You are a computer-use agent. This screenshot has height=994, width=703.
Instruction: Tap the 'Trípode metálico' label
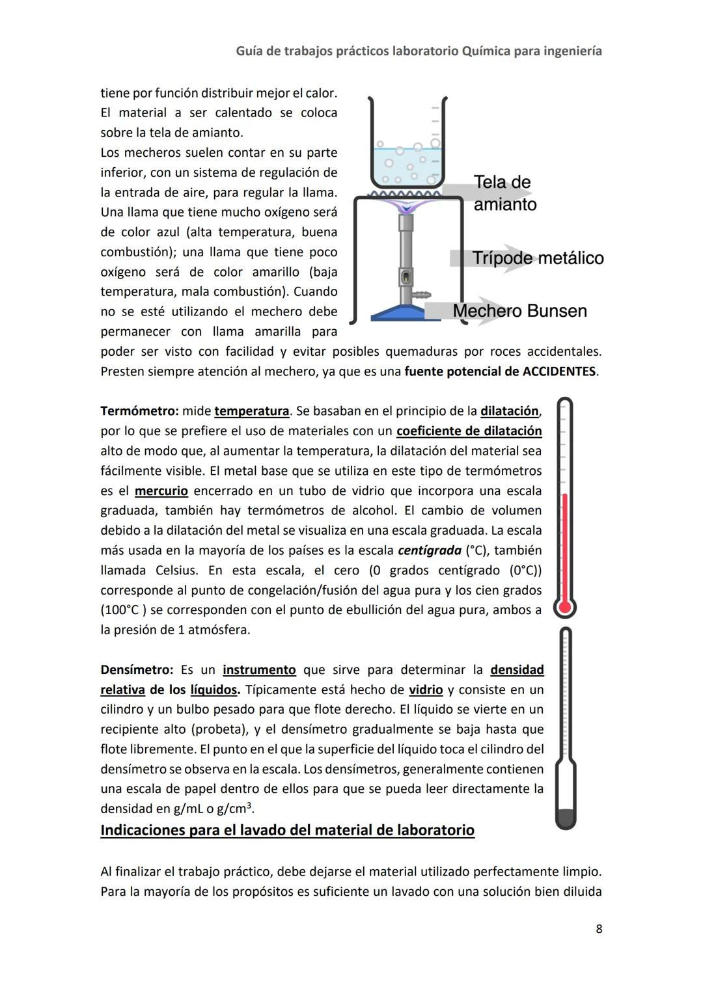coord(538,258)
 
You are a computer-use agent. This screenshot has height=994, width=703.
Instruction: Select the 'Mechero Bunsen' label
coord(519,311)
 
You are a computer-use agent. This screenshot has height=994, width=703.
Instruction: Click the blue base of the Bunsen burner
coord(398,314)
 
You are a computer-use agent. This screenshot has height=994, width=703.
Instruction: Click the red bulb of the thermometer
coord(564,608)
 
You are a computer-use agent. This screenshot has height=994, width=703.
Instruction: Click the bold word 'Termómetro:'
coord(139,411)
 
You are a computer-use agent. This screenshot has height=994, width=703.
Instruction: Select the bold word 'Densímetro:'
coord(137,670)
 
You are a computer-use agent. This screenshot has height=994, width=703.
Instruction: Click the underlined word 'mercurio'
coord(161,490)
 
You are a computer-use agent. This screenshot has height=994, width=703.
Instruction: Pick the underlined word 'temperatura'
coord(251,411)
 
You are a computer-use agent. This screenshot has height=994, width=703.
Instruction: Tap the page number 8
coord(599,929)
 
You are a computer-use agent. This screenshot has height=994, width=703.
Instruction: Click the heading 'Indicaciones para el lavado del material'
coord(287,831)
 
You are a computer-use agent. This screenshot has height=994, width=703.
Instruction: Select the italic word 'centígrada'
coord(429,550)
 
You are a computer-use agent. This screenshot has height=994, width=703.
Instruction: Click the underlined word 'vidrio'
coord(425,690)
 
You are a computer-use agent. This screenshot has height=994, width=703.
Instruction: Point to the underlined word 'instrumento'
coord(259,670)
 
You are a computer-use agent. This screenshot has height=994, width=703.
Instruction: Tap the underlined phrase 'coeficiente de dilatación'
coord(469,431)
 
